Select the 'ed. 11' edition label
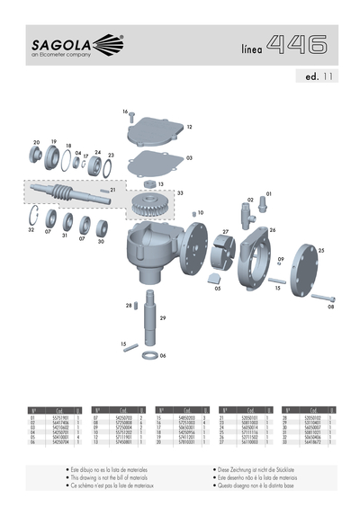[x=317, y=77]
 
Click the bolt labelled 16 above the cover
[x=131, y=116]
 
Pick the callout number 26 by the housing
[x=272, y=230]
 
